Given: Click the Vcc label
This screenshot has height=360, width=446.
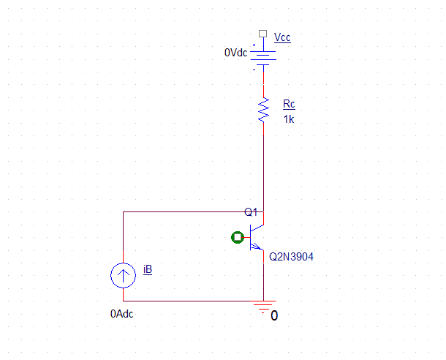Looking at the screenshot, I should [281, 37].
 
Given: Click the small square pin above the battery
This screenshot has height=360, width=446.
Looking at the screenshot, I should [262, 34].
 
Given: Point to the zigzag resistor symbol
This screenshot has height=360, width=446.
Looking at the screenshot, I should [262, 110].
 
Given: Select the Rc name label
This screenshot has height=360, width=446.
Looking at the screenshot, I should [289, 104].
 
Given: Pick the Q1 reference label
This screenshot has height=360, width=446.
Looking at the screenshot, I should [251, 212].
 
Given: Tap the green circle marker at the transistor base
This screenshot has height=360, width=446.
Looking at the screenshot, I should [237, 237].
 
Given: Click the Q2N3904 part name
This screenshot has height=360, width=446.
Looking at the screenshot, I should [291, 258].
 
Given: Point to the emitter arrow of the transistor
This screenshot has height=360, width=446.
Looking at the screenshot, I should [256, 247].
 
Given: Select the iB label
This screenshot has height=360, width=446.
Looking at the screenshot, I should [148, 270].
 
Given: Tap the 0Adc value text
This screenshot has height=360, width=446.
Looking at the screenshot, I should [122, 314].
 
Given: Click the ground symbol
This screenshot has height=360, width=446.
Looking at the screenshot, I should [262, 307].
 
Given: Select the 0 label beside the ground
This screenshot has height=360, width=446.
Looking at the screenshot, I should [274, 316].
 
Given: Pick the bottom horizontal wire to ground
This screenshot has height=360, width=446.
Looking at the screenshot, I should [190, 301].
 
